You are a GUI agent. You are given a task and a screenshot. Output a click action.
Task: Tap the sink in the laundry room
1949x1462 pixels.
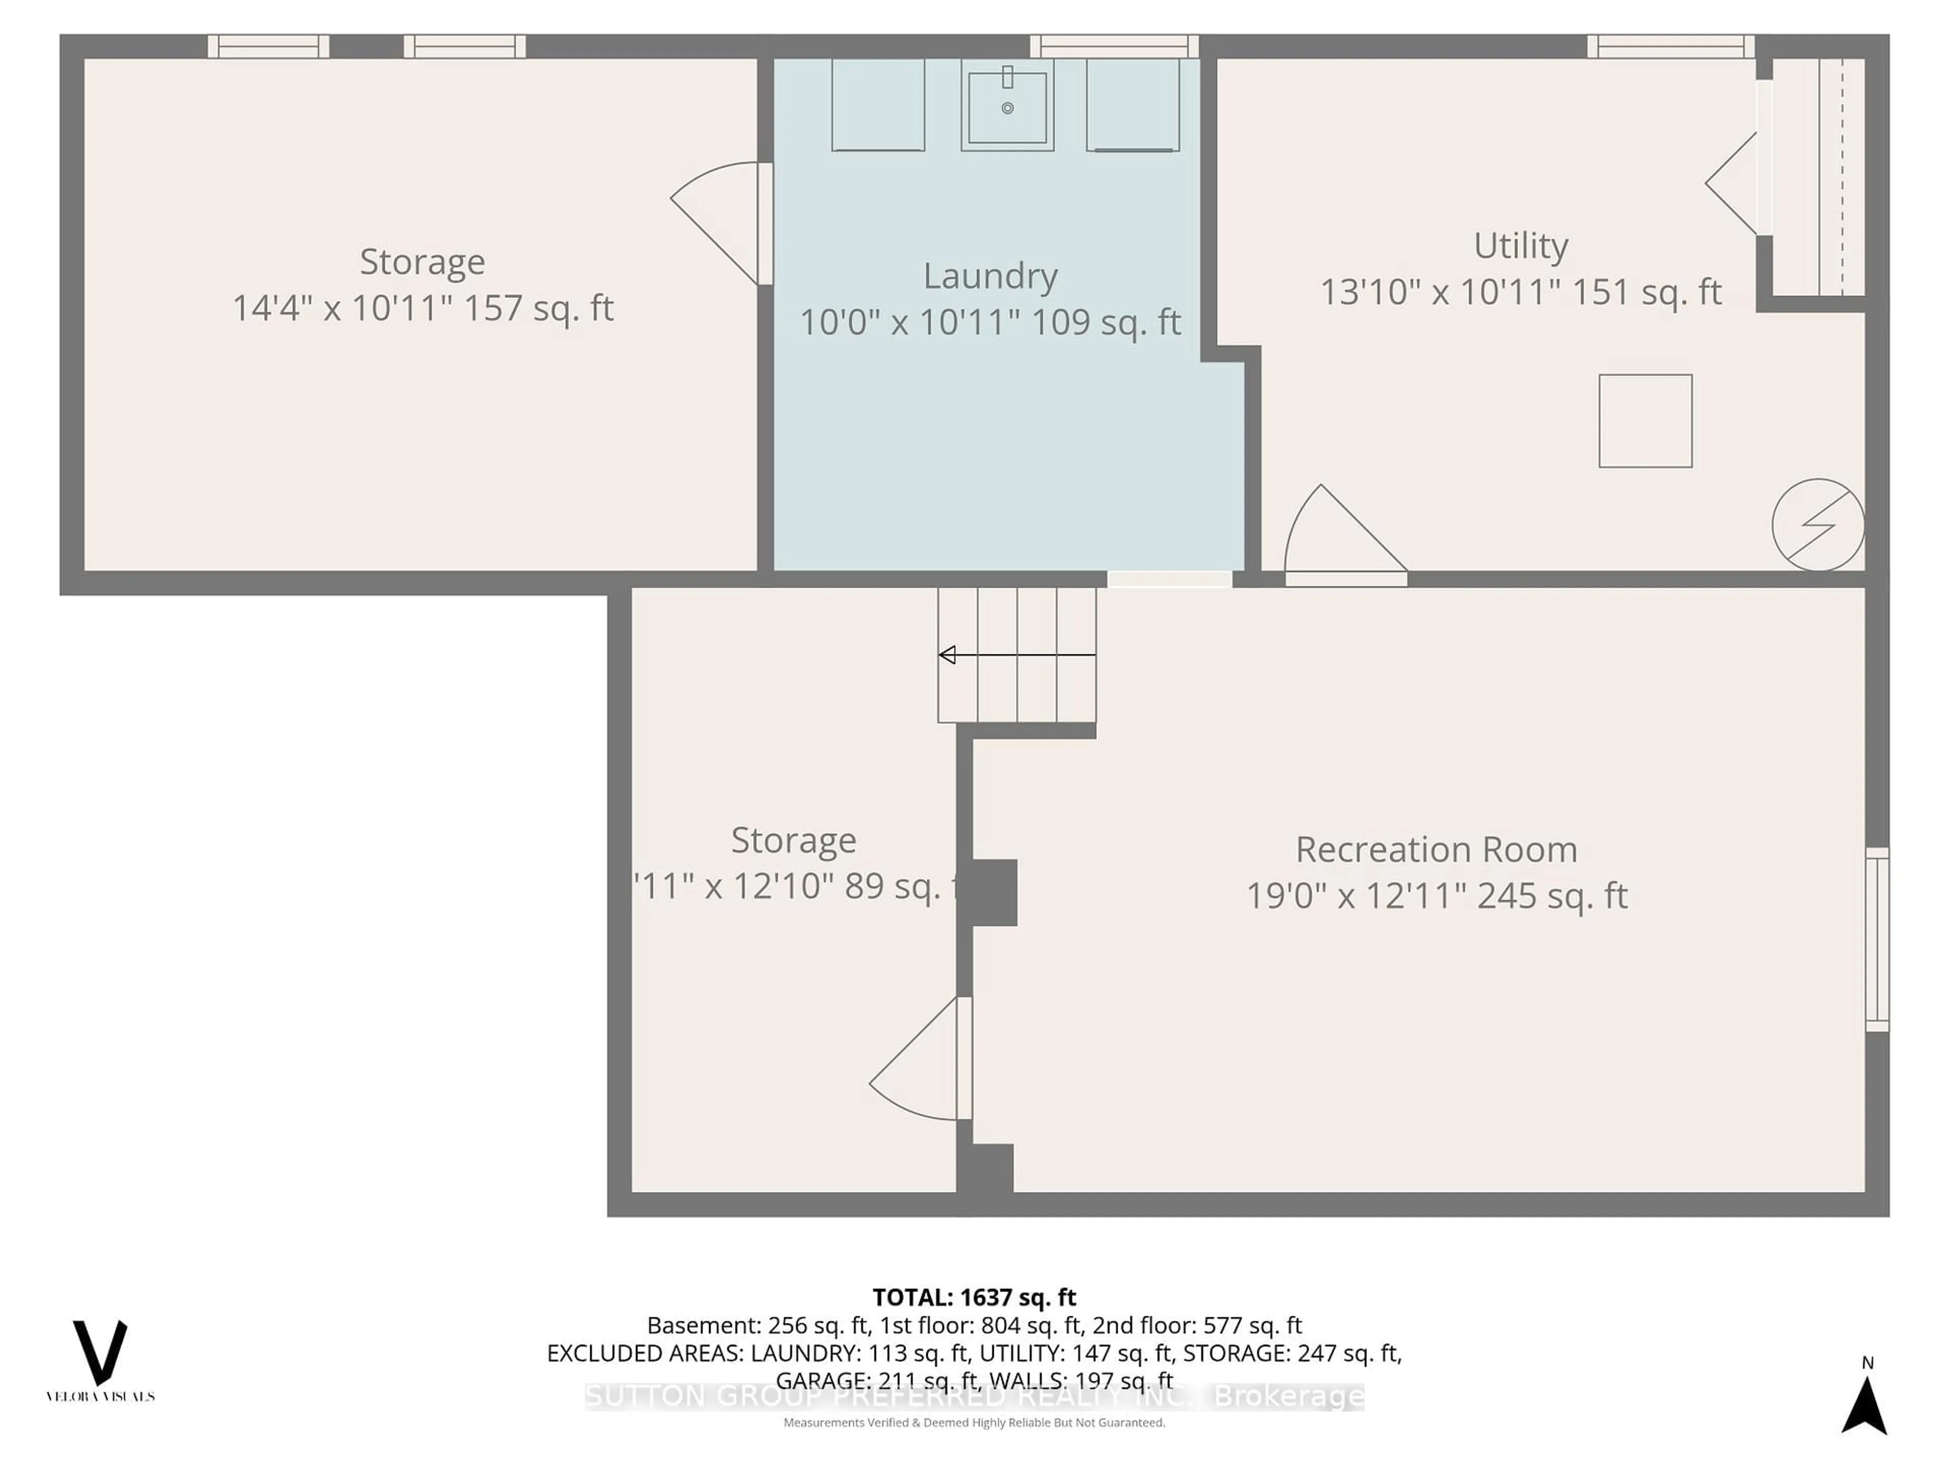pyautogui.click(x=1007, y=108)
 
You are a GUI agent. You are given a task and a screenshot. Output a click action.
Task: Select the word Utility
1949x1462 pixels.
pyautogui.click(x=1520, y=246)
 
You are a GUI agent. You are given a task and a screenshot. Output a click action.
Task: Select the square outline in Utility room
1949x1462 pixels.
pyautogui.click(x=1645, y=420)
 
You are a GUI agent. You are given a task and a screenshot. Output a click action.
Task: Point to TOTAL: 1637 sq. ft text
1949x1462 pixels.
pyautogui.click(x=973, y=1297)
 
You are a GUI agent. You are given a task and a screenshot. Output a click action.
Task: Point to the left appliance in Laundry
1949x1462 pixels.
pyautogui.click(x=878, y=104)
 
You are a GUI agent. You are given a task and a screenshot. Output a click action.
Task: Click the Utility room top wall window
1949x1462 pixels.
pyautogui.click(x=1670, y=46)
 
